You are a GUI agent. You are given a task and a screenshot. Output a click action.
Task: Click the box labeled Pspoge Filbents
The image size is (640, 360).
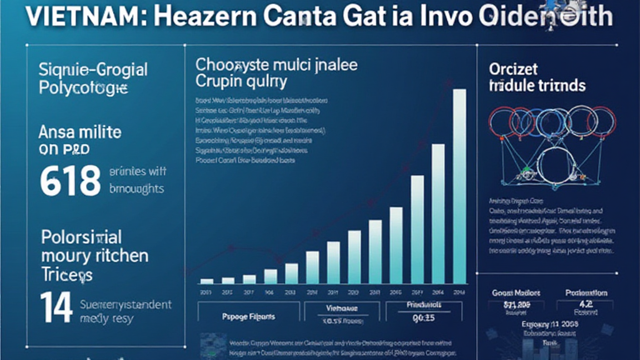pyautogui.click(x=247, y=317)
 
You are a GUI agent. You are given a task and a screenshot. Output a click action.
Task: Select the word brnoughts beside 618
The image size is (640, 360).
pyautogui.click(x=138, y=188)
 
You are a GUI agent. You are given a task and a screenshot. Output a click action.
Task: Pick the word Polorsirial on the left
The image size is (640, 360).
pyautogui.click(x=81, y=237)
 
